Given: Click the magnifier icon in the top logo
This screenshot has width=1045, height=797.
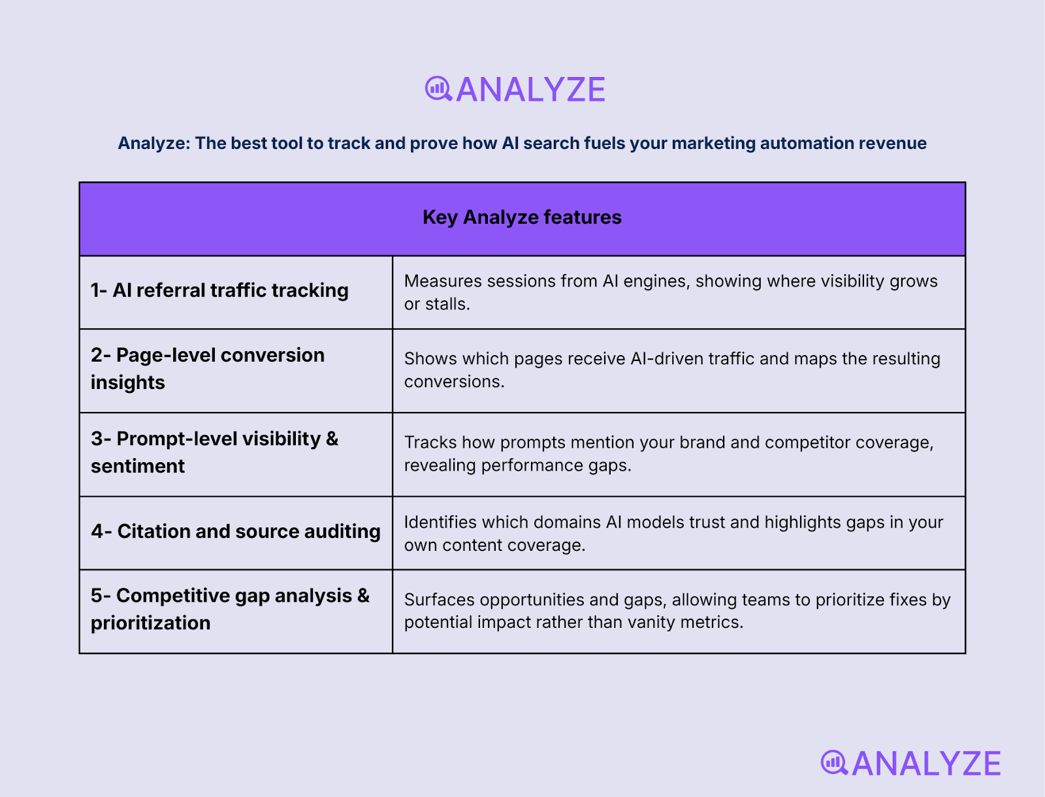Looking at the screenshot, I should [x=438, y=89].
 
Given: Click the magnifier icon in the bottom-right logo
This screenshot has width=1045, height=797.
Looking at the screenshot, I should [x=834, y=762].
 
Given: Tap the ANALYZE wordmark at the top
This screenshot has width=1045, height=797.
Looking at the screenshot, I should [x=530, y=90].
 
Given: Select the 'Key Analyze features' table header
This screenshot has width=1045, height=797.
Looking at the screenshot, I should [x=522, y=217].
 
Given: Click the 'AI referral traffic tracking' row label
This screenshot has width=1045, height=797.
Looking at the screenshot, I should [x=219, y=290].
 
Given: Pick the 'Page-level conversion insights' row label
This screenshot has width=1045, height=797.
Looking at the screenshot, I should [x=208, y=369].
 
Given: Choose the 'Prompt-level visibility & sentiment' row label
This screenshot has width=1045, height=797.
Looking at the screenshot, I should [x=214, y=452].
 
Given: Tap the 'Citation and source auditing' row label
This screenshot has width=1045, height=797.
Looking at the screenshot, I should [x=236, y=531].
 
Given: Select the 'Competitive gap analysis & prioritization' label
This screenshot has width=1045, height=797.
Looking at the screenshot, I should [x=230, y=609].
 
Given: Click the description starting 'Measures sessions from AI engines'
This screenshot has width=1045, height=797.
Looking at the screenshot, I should [x=671, y=292].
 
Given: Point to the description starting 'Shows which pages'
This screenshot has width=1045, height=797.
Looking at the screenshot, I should [x=672, y=370].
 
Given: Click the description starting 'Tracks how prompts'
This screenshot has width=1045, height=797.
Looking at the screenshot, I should [x=669, y=454].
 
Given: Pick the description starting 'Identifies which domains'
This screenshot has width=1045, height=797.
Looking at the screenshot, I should [x=673, y=533].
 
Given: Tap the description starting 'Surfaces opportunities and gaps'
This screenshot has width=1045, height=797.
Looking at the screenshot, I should [x=677, y=610].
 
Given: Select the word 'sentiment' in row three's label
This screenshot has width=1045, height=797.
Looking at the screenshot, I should [x=138, y=466].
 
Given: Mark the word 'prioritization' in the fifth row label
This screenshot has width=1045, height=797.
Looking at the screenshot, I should [x=151, y=623].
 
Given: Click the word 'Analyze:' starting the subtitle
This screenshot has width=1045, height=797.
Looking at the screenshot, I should [x=154, y=144].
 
